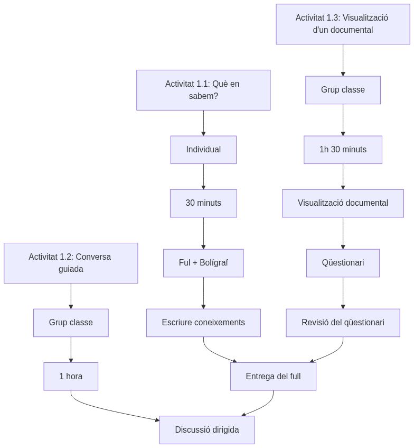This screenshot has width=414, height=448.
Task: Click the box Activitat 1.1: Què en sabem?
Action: (x=203, y=90)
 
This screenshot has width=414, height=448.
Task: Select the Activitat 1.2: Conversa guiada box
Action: (x=71, y=263)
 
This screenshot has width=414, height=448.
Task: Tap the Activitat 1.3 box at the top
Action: (x=343, y=24)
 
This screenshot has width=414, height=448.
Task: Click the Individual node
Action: (x=203, y=150)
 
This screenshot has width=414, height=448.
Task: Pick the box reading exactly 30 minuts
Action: (x=203, y=203)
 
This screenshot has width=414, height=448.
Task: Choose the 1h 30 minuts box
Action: (x=343, y=150)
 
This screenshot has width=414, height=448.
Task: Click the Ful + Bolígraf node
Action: (x=203, y=263)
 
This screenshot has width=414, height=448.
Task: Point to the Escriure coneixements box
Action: (x=203, y=323)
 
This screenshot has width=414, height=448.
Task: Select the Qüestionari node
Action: (x=343, y=263)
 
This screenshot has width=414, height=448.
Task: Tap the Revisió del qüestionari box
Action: (x=343, y=323)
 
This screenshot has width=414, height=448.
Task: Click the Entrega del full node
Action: (x=273, y=377)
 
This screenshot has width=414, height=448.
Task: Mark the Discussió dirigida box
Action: (x=207, y=429)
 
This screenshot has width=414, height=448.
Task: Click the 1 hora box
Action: (x=71, y=377)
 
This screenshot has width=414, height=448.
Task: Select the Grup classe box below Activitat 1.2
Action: (x=71, y=323)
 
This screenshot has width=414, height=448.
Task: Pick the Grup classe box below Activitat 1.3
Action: (x=343, y=90)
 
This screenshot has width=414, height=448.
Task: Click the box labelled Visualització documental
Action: (x=343, y=203)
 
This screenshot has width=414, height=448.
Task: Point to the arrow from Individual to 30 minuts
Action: (x=203, y=176)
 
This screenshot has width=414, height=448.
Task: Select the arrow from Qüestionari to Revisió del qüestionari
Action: (x=343, y=292)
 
